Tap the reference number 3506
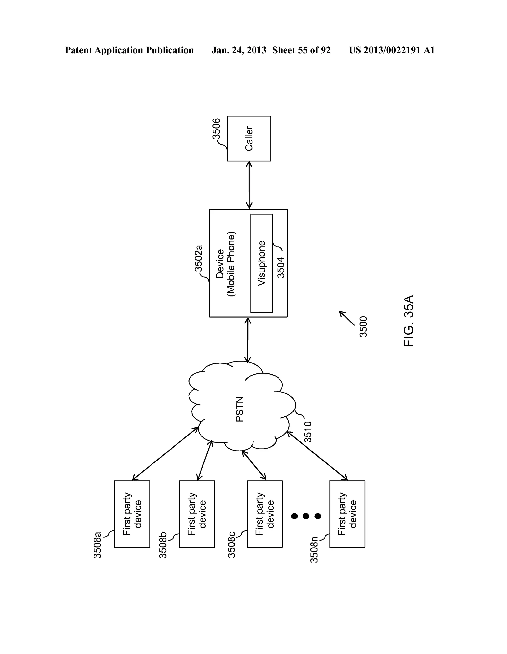216,129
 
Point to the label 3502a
199,258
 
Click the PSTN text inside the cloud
239,409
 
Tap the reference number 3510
308,432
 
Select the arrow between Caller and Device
249,185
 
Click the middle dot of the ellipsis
306,516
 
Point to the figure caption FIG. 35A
408,321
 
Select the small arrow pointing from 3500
346,318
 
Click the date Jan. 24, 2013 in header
239,50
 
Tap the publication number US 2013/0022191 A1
391,50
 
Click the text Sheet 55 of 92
301,50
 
